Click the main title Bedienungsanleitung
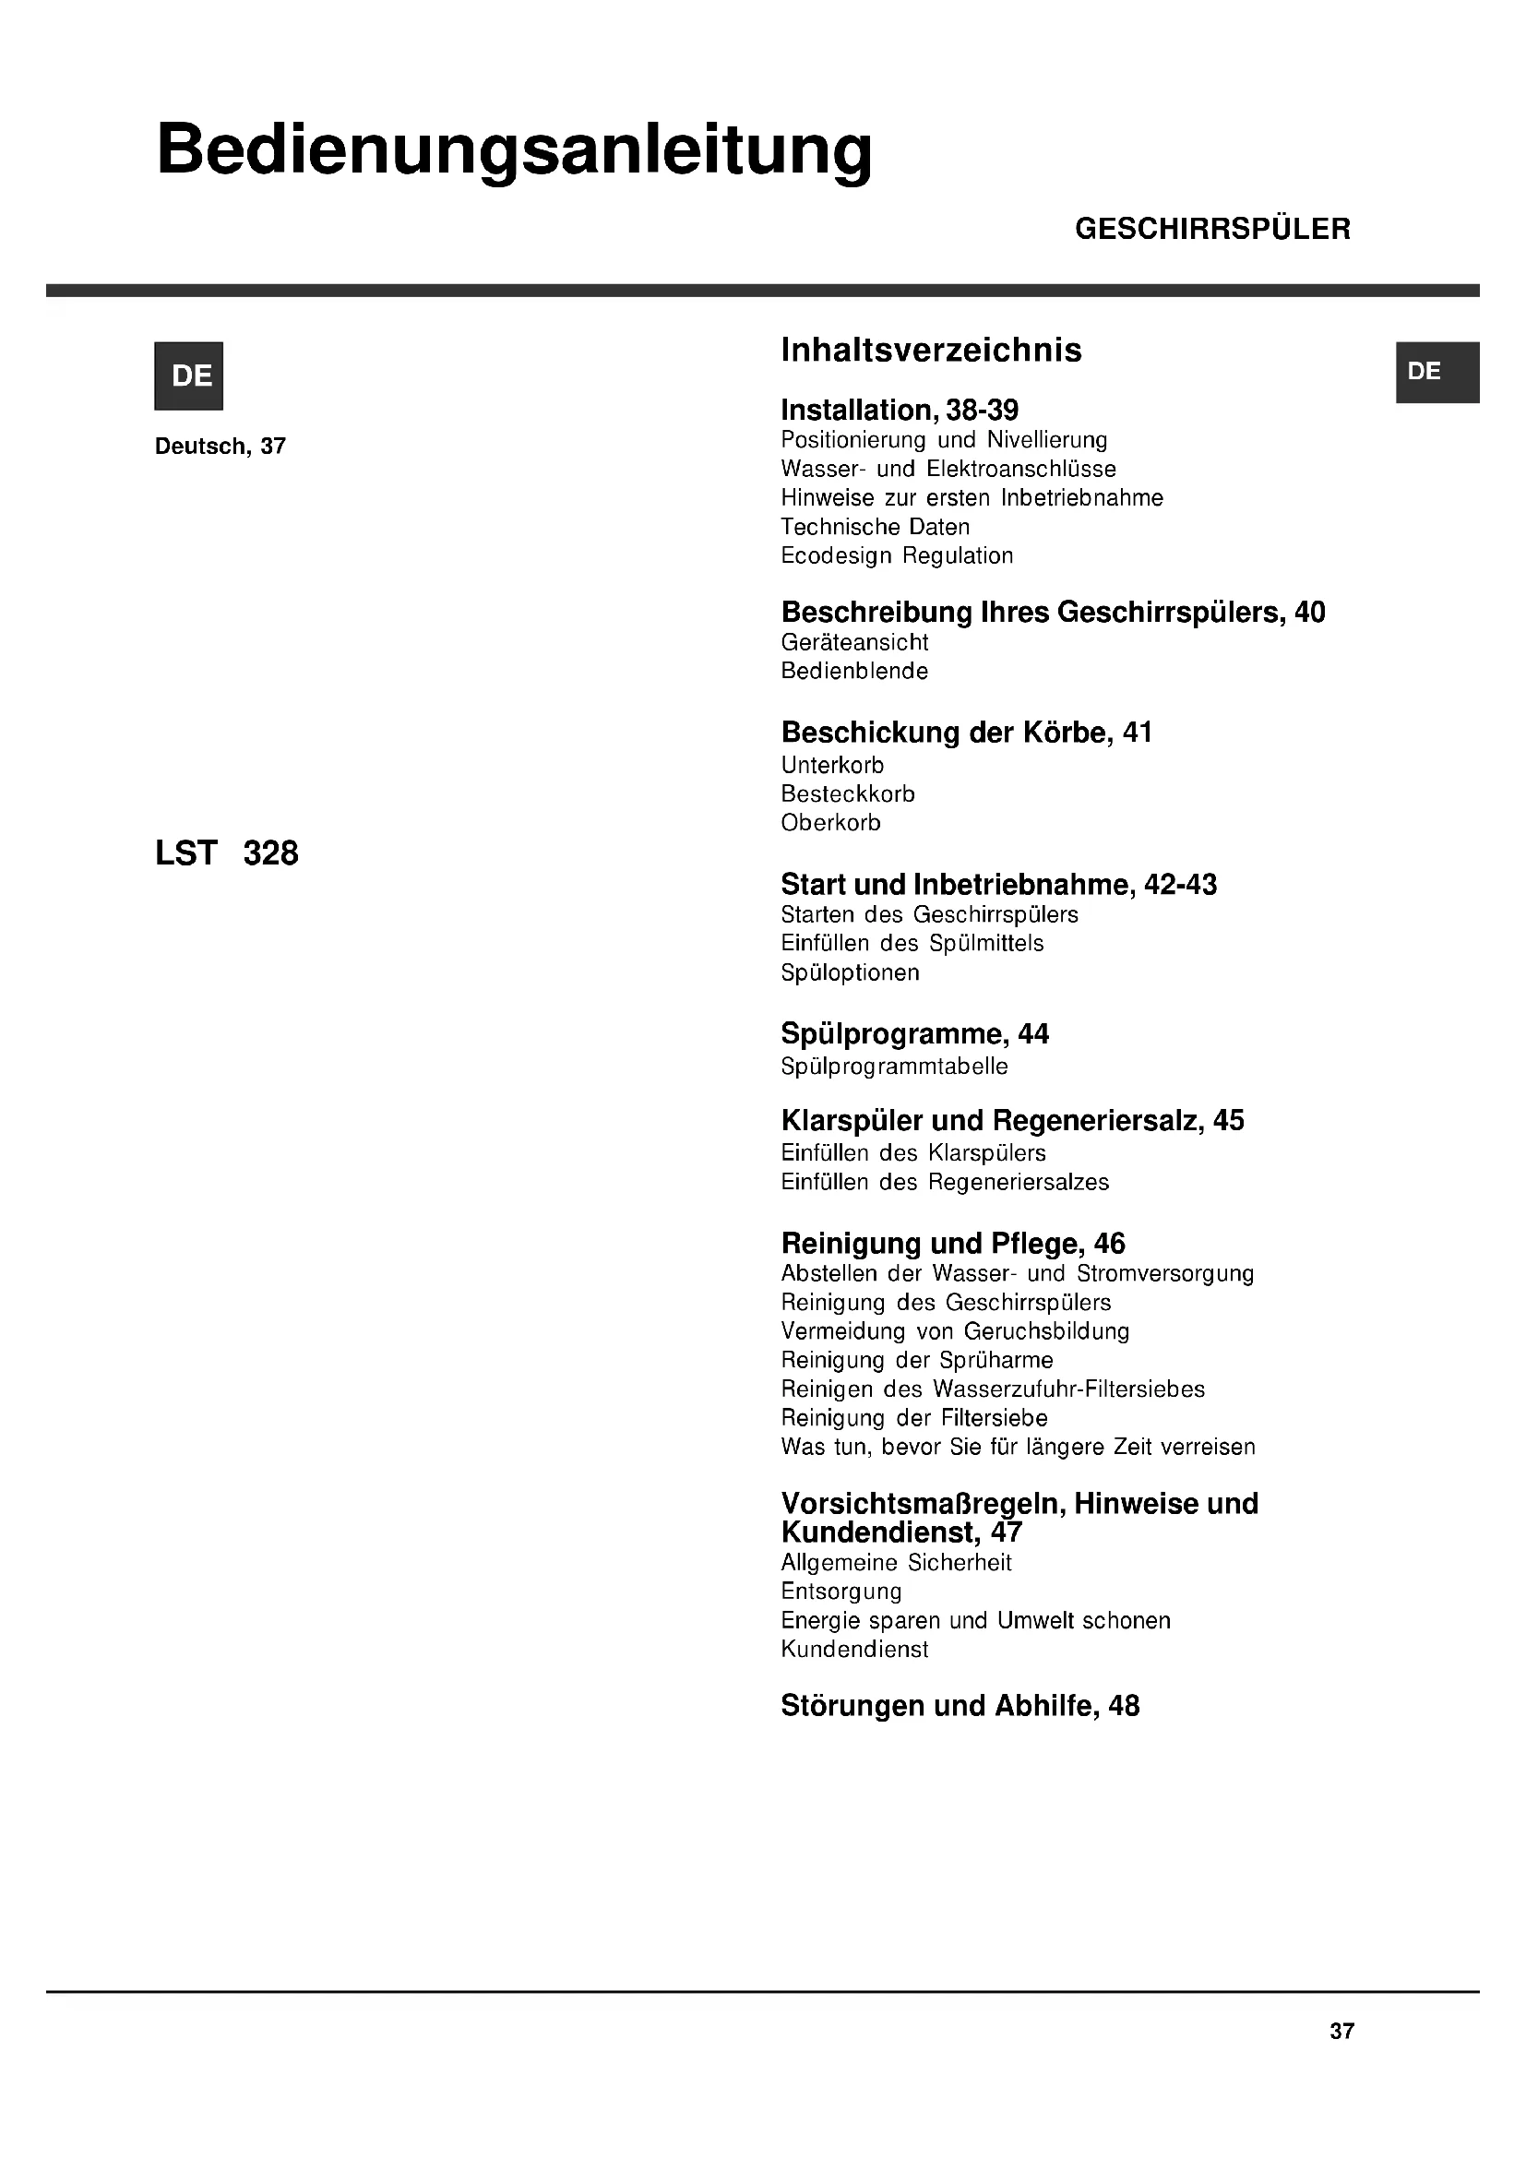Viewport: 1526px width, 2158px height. click(x=514, y=150)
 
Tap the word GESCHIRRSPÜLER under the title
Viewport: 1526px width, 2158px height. click(x=1212, y=230)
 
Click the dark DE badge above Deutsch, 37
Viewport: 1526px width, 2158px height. click(x=189, y=376)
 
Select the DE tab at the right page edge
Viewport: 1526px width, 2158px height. click(x=1437, y=372)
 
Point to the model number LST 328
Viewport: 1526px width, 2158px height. click(x=226, y=853)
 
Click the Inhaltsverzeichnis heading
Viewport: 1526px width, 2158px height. click(x=931, y=351)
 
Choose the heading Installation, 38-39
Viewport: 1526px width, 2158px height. click(x=900, y=410)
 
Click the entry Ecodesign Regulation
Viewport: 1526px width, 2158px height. click(x=897, y=555)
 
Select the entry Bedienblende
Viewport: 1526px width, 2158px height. click(x=854, y=671)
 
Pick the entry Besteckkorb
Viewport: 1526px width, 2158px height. click(x=848, y=794)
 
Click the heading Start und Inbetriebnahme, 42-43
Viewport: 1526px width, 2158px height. click(x=998, y=885)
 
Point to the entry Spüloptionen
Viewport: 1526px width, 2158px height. click(x=850, y=972)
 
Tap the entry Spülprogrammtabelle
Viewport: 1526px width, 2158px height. click(x=894, y=1067)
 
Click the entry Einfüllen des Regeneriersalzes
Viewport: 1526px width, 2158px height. click(x=945, y=1183)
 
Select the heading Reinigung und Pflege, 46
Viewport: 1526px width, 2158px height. click(x=953, y=1244)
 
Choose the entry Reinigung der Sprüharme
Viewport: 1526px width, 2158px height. click(x=916, y=1360)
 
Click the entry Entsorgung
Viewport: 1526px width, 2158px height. click(x=841, y=1592)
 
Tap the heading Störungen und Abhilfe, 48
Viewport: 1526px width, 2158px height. click(x=960, y=1706)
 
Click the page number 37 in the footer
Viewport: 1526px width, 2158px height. click(x=1341, y=2031)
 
